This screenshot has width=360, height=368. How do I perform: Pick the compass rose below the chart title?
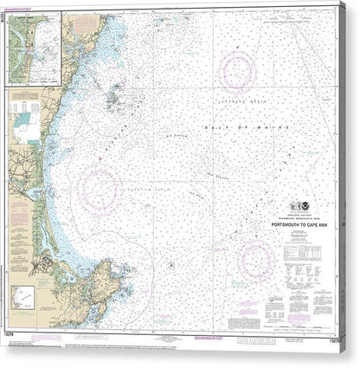257,257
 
